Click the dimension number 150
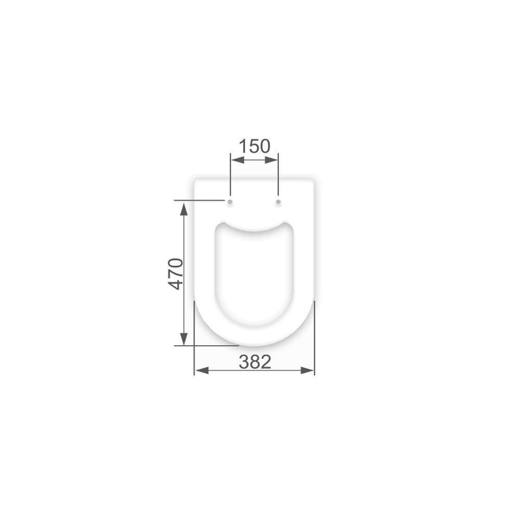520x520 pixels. (x=255, y=146)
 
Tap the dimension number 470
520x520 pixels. (x=175, y=274)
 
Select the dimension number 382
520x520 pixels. (x=255, y=362)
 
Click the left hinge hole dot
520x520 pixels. (x=230, y=201)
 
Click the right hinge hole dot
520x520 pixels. (x=278, y=201)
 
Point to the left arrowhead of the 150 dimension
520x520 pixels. (x=237, y=160)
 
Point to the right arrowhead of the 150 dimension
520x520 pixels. (x=271, y=160)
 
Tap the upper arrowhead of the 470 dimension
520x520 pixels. (x=184, y=209)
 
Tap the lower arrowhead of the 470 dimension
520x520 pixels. (x=184, y=339)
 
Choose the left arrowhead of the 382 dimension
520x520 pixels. (x=201, y=370)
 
